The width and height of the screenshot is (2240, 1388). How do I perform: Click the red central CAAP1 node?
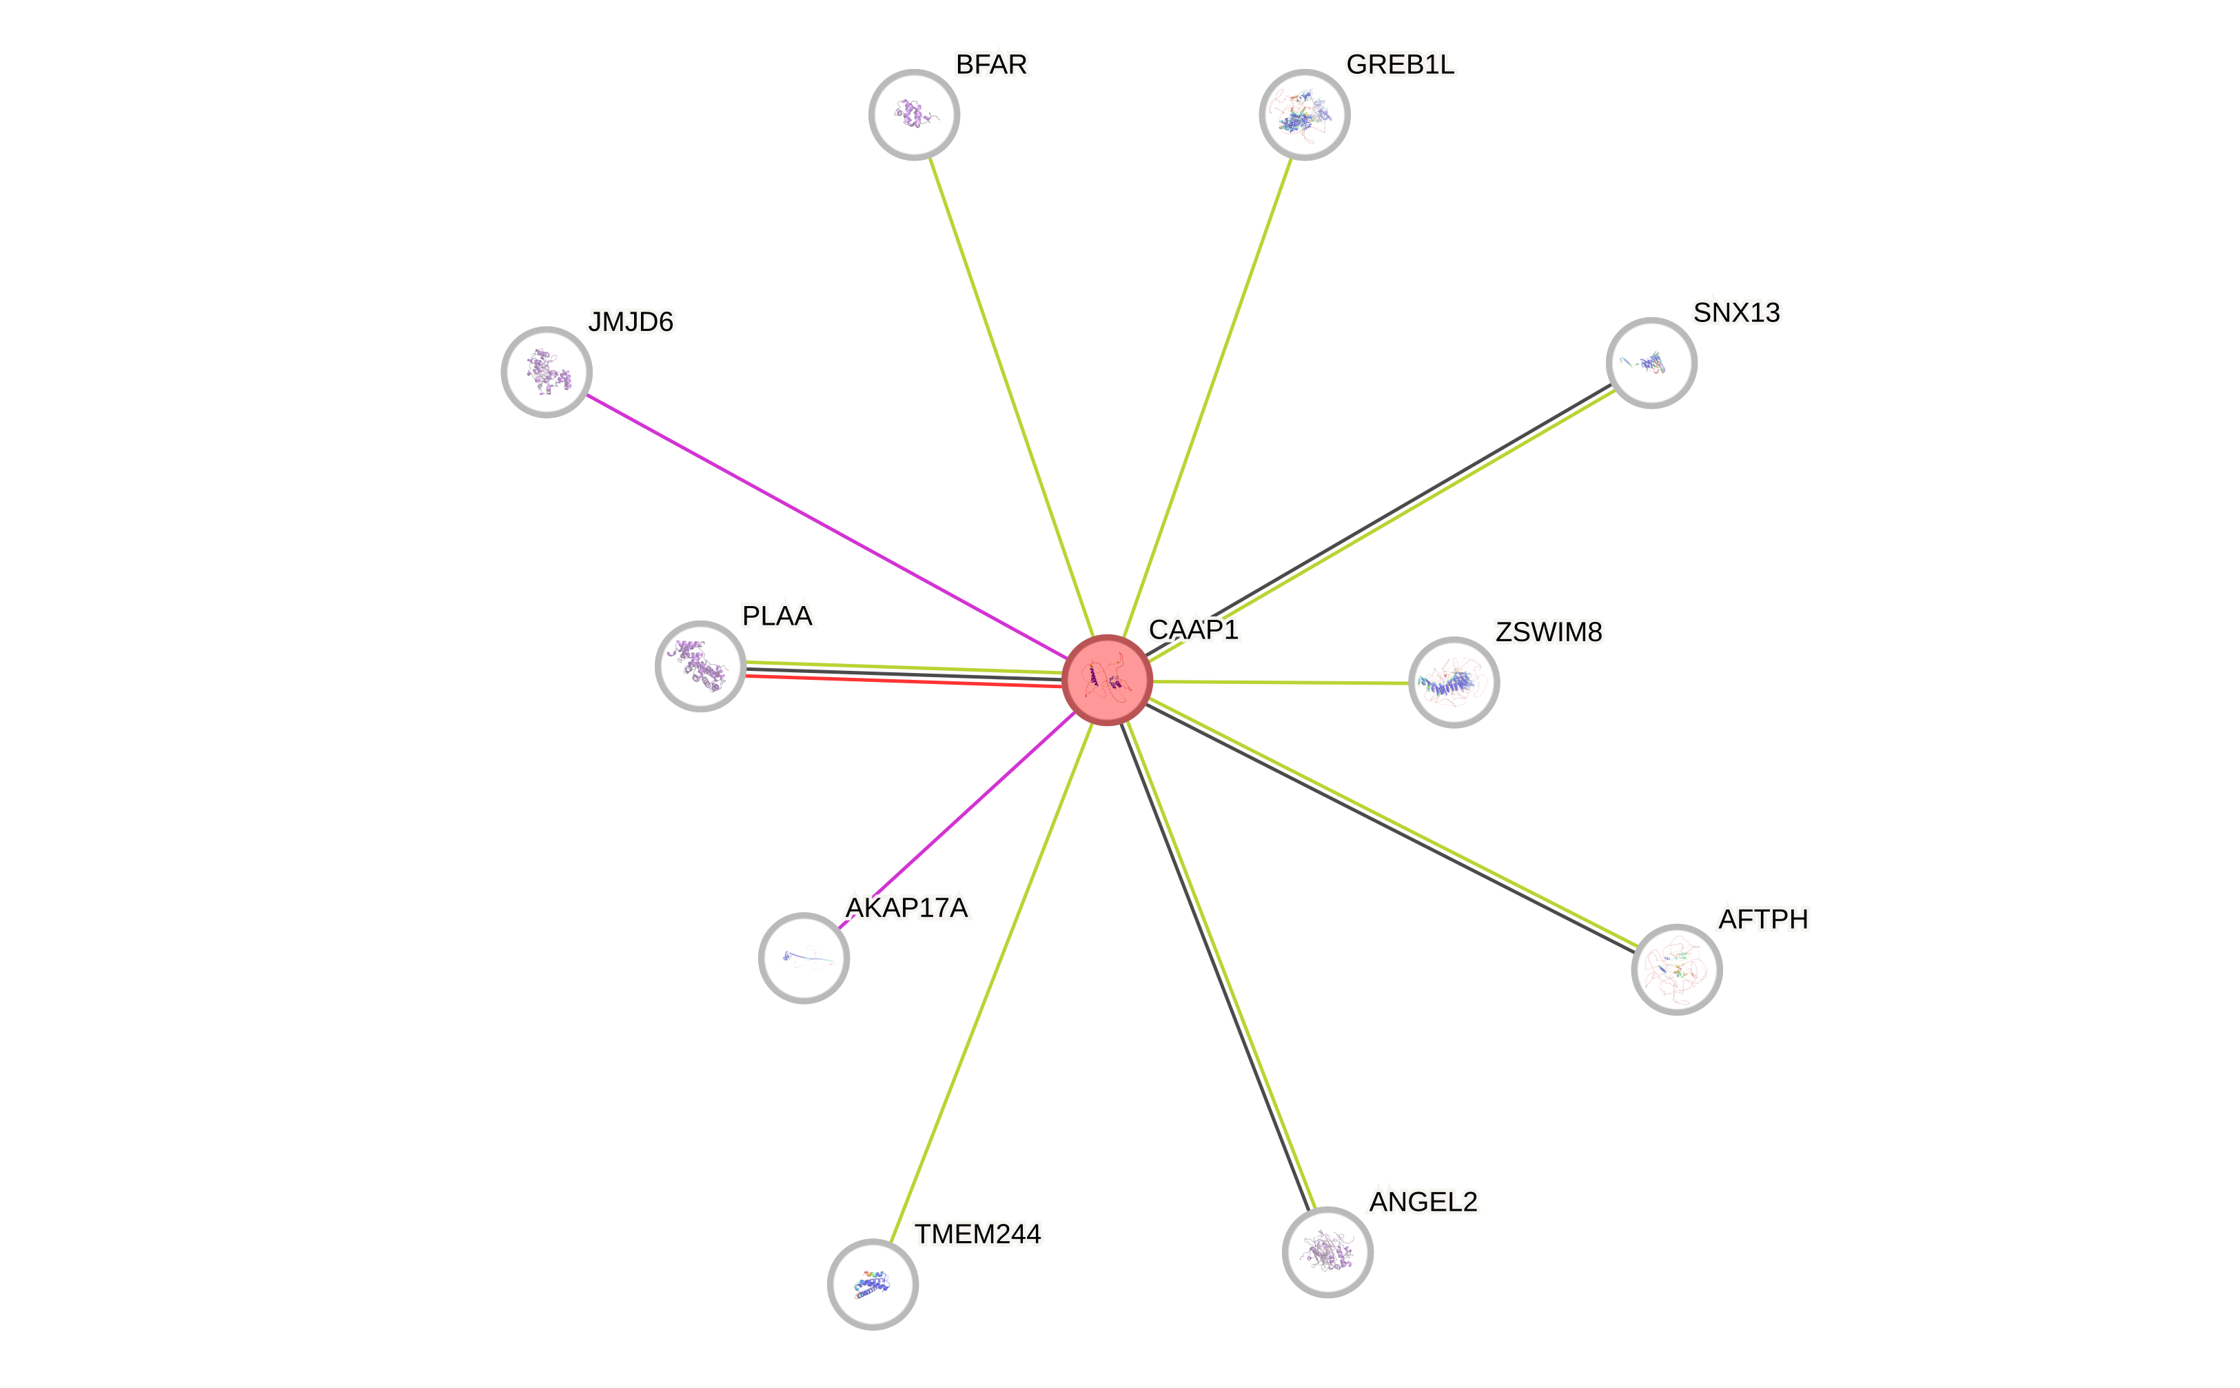[x=1107, y=679]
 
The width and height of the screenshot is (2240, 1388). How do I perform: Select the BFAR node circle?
[x=914, y=114]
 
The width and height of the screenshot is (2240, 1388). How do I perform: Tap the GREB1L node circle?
[x=1304, y=114]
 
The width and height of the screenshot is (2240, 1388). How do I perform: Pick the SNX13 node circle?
[x=1651, y=363]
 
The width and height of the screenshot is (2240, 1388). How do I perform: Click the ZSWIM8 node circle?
[x=1454, y=682]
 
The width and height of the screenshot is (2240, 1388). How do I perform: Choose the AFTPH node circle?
[x=1677, y=969]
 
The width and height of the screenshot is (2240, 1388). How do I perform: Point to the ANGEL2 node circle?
[x=1327, y=1251]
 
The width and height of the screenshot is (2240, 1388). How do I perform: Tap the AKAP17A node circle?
[x=804, y=958]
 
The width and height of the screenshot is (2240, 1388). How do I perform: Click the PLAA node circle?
[x=700, y=667]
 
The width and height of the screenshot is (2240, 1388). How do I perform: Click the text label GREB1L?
[x=1399, y=64]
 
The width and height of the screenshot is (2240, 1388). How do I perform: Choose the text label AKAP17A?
[x=906, y=907]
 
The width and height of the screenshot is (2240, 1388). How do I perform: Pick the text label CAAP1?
[x=1193, y=629]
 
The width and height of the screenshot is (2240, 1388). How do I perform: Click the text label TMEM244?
[x=977, y=1234]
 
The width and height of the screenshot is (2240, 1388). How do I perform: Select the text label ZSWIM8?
[x=1548, y=632]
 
